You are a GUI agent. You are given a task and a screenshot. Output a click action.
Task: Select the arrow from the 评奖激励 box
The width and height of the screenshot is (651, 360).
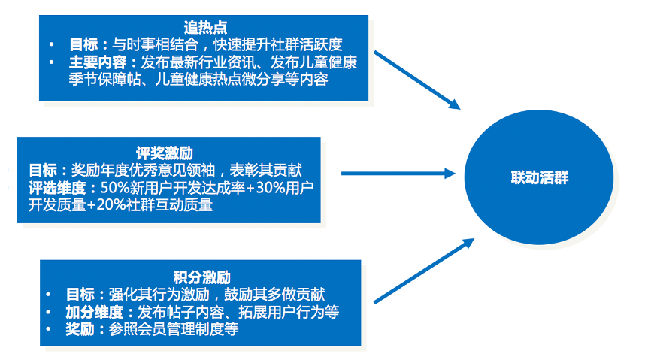click(398, 174)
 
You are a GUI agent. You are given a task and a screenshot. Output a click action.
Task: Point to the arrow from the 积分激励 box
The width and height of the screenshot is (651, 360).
click(424, 271)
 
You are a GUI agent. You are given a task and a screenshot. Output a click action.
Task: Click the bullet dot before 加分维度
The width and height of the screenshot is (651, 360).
click(50, 312)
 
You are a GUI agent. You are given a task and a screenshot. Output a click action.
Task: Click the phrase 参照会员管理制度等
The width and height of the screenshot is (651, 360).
click(173, 330)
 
